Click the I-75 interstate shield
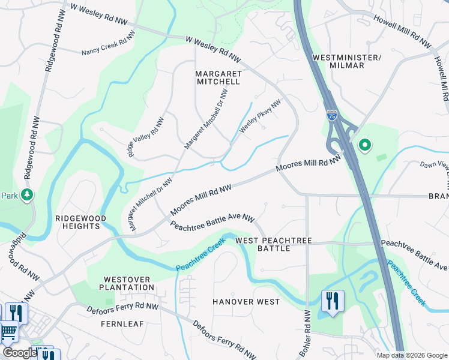coord(331,115)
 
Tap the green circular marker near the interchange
coord(364,145)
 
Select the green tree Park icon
coord(26,195)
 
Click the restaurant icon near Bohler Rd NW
coord(333,301)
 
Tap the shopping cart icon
coord(8,331)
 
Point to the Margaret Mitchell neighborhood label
coord(218,77)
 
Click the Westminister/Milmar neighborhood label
coord(347,61)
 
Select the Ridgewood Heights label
coord(80,222)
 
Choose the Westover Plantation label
coord(129,283)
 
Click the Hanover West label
coord(247,301)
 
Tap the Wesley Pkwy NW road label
coord(261,116)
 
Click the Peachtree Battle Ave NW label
coord(212,224)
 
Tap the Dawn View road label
coord(433,166)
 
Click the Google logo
coord(20,353)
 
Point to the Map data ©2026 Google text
coord(411,355)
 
